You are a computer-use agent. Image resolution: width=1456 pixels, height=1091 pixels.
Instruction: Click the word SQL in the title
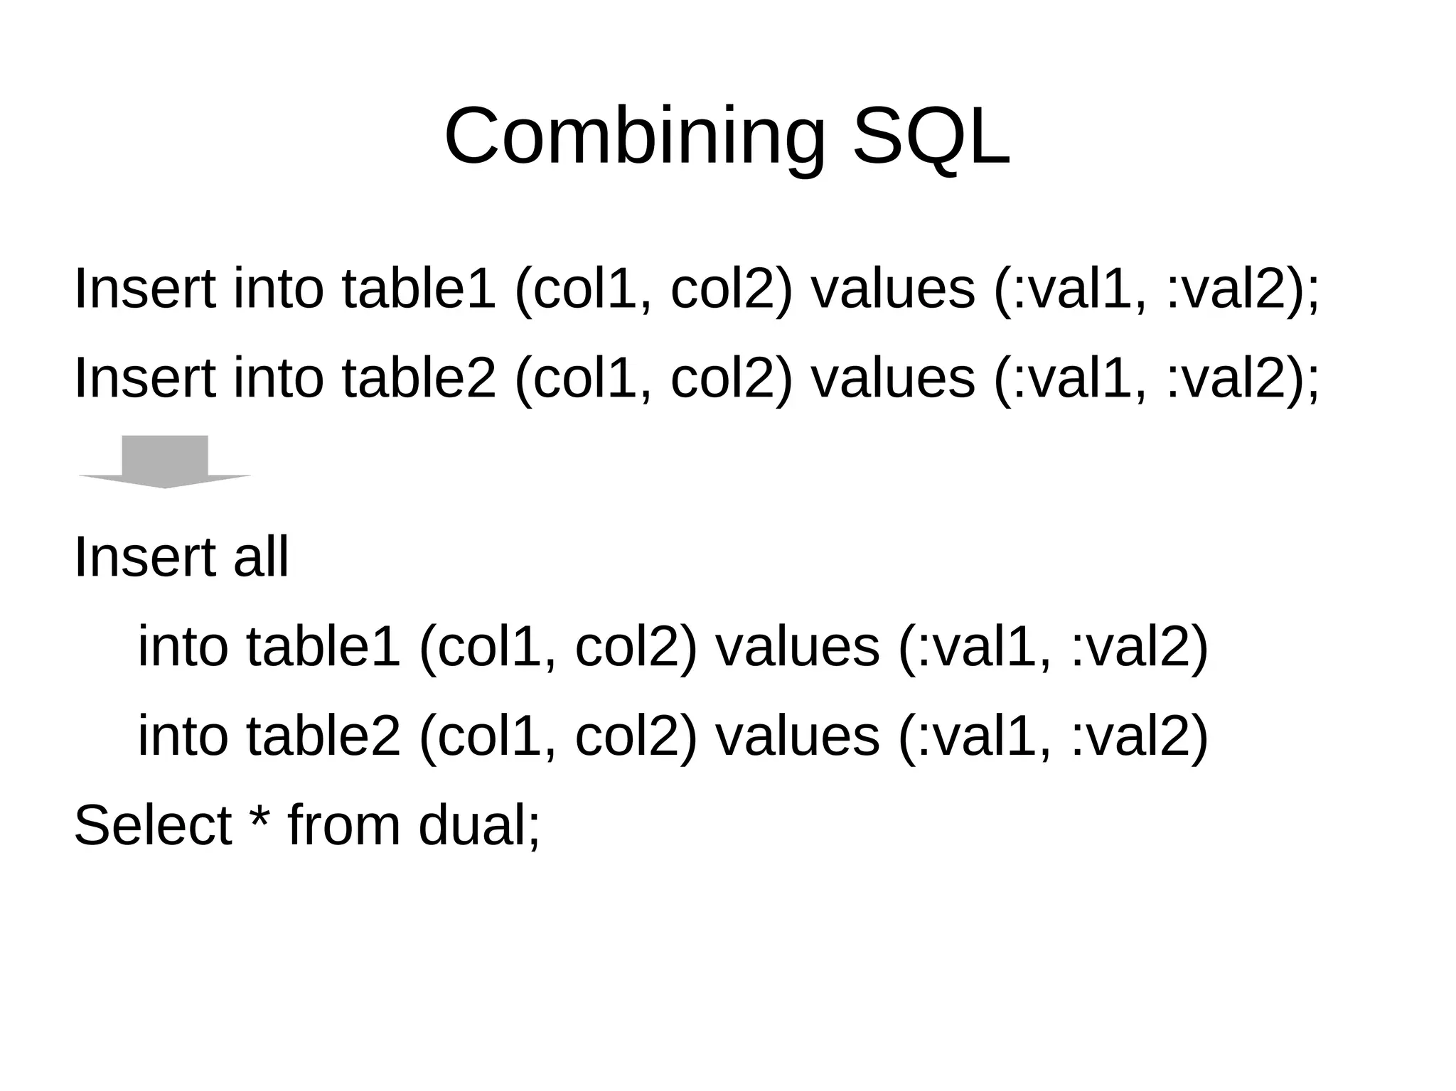931,136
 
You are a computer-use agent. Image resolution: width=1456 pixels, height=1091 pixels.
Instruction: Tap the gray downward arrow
164,462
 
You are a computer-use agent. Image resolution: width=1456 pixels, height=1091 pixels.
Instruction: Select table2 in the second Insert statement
418,378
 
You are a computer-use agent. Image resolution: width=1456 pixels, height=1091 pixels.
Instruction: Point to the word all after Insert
261,557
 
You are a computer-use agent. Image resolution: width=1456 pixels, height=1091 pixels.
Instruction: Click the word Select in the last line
152,825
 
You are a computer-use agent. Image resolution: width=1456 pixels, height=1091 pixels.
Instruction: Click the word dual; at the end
479,825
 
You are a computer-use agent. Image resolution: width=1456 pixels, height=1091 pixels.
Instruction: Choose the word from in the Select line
343,825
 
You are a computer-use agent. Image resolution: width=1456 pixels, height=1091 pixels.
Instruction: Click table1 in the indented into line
323,647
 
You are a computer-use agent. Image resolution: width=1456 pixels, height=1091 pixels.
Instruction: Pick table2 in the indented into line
323,736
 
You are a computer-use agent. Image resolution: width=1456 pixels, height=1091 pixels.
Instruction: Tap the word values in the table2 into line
797,736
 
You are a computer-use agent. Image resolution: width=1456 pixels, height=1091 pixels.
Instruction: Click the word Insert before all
144,557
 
